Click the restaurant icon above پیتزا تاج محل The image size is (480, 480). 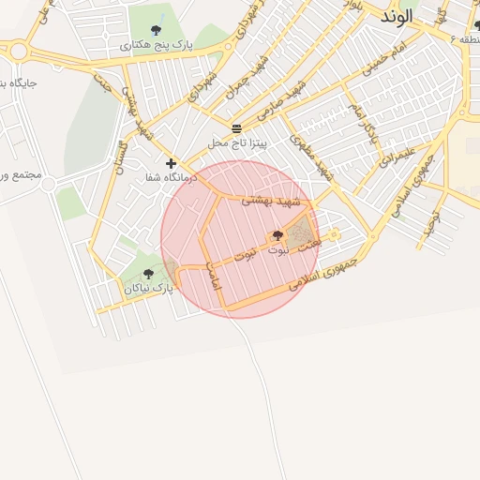pyautogui.click(x=237, y=128)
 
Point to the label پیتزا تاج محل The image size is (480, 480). pyautogui.click(x=238, y=143)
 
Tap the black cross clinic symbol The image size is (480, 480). pyautogui.click(x=171, y=163)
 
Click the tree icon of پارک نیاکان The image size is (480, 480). pyautogui.click(x=148, y=275)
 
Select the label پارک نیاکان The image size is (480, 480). pyautogui.click(x=149, y=290)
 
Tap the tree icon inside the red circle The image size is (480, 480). pyautogui.click(x=277, y=236)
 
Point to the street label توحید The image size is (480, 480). pyautogui.click(x=432, y=217)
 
